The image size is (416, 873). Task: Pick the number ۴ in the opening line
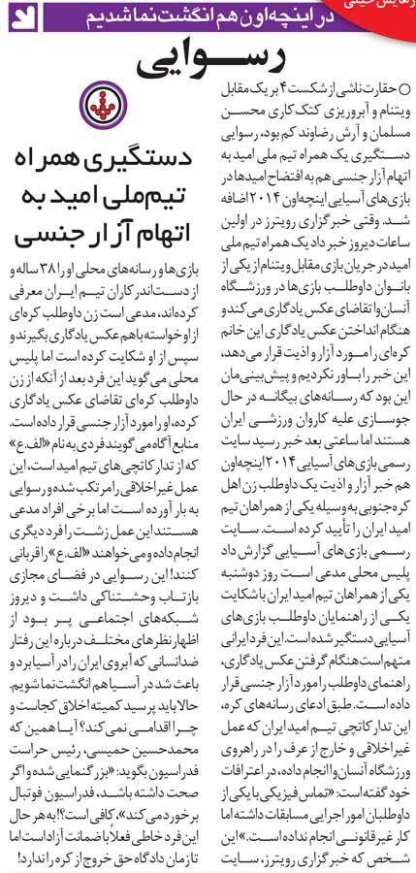pyautogui.click(x=306, y=87)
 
